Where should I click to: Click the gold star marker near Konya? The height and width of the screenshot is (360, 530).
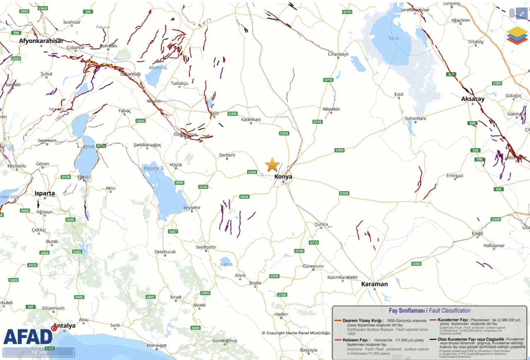click(x=272, y=164)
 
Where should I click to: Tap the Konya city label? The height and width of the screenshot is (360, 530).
click(x=283, y=177)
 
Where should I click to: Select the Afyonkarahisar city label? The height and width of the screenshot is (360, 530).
click(x=41, y=41)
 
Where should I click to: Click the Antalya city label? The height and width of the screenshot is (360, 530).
click(x=64, y=326)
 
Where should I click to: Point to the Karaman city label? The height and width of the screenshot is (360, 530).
click(x=374, y=284)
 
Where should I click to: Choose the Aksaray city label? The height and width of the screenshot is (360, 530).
click(x=472, y=99)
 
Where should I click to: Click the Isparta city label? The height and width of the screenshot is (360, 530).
click(x=44, y=193)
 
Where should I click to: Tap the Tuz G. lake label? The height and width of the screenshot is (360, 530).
click(x=394, y=39)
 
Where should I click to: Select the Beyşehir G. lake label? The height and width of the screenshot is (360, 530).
click(x=154, y=168)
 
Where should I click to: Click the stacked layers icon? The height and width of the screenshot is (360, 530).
click(x=517, y=35)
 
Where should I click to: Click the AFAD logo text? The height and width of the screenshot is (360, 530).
click(x=28, y=336)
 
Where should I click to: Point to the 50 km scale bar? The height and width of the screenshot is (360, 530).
click(x=39, y=353)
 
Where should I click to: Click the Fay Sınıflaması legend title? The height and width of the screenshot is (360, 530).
click(x=429, y=310)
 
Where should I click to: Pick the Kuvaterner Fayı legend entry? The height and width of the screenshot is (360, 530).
click(x=453, y=320)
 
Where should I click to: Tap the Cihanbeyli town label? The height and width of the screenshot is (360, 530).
click(x=338, y=54)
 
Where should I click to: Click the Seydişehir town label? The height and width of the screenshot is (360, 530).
click(x=206, y=247)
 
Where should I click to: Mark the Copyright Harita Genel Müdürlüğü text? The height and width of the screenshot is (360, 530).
click(x=296, y=333)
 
